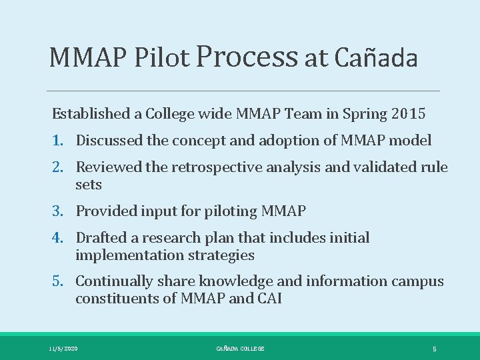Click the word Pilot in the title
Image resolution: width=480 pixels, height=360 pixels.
click(162, 58)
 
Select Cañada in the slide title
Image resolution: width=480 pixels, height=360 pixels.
click(376, 58)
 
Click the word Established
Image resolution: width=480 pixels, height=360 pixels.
click(91, 113)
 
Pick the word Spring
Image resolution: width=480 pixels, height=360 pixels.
click(363, 114)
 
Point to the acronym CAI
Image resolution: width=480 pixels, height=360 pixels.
click(269, 299)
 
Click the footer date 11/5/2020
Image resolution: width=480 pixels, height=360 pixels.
click(63, 349)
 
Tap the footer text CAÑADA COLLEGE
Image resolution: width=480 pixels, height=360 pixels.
click(240, 349)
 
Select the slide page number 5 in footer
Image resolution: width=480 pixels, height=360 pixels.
click(434, 349)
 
